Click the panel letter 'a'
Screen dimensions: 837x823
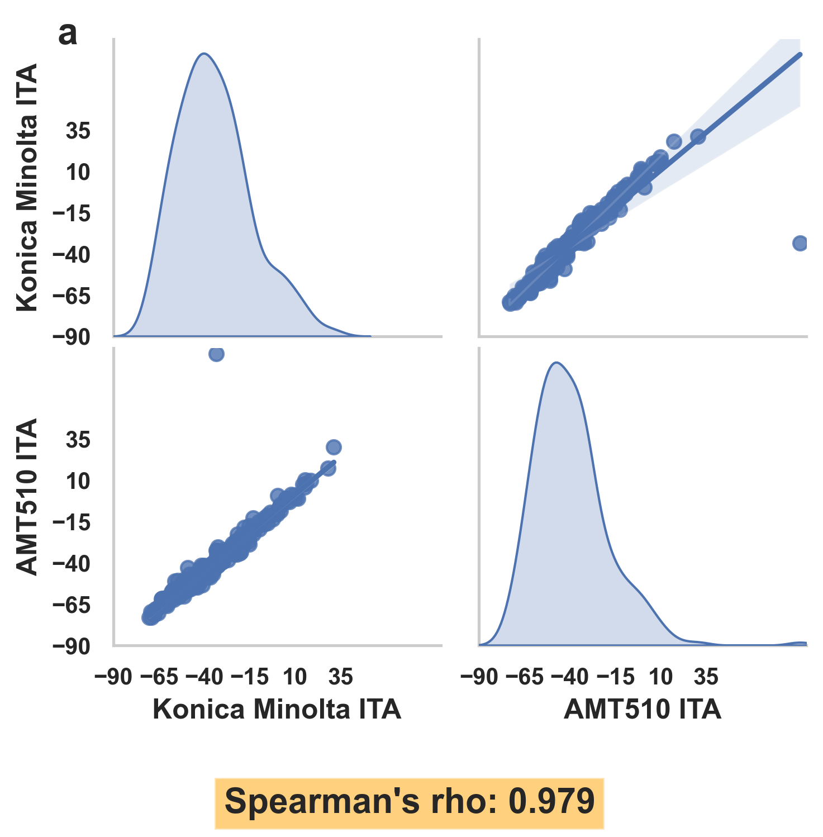pyautogui.click(x=68, y=35)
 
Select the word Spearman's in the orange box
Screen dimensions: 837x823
pyautogui.click(x=321, y=802)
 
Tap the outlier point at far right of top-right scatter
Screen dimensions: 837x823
pyautogui.click(x=800, y=243)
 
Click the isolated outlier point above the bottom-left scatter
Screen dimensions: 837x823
pyautogui.click(x=216, y=354)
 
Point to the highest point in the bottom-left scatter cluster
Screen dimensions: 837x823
pyautogui.click(x=334, y=447)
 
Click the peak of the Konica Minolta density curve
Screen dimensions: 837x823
pyautogui.click(x=204, y=54)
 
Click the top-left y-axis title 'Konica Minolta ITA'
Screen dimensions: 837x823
pyautogui.click(x=27, y=187)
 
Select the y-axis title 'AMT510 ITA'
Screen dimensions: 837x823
pyautogui.click(x=27, y=496)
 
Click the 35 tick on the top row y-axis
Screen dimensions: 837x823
pyautogui.click(x=78, y=131)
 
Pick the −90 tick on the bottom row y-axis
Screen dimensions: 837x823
pyautogui.click(x=71, y=646)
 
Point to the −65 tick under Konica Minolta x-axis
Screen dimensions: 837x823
pyautogui.click(x=159, y=677)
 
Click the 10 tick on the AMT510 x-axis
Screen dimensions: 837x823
pyautogui.click(x=660, y=677)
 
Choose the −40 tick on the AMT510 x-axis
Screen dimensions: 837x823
pyautogui.click(x=570, y=677)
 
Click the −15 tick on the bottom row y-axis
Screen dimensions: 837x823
pyautogui.click(x=71, y=523)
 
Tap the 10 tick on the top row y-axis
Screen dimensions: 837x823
pyautogui.click(x=78, y=173)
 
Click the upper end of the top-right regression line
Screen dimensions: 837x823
pyautogui.click(x=800, y=54)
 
